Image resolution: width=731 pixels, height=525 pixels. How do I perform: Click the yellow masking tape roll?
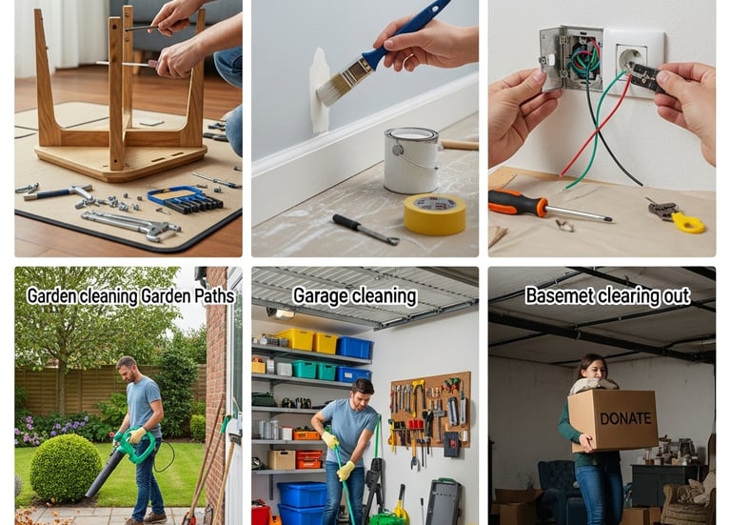click(434, 213)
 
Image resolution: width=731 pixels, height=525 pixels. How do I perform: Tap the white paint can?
click(411, 160)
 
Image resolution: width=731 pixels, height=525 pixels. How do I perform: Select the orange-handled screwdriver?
click(548, 206)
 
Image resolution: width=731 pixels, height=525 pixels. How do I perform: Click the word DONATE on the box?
click(625, 418)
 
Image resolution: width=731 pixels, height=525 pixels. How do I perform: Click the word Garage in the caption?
click(320, 296)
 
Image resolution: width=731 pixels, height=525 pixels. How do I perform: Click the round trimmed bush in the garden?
click(66, 468)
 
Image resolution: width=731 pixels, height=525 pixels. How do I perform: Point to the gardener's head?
click(126, 368)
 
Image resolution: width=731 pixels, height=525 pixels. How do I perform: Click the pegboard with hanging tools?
click(430, 411)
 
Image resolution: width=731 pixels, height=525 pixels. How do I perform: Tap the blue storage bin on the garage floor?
click(302, 495)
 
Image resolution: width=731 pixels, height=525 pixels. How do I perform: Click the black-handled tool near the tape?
click(365, 229)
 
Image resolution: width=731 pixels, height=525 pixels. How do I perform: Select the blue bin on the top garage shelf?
click(355, 348)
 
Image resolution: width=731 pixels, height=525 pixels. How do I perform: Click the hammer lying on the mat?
click(56, 192)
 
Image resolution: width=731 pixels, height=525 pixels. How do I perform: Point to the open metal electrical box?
click(571, 58)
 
